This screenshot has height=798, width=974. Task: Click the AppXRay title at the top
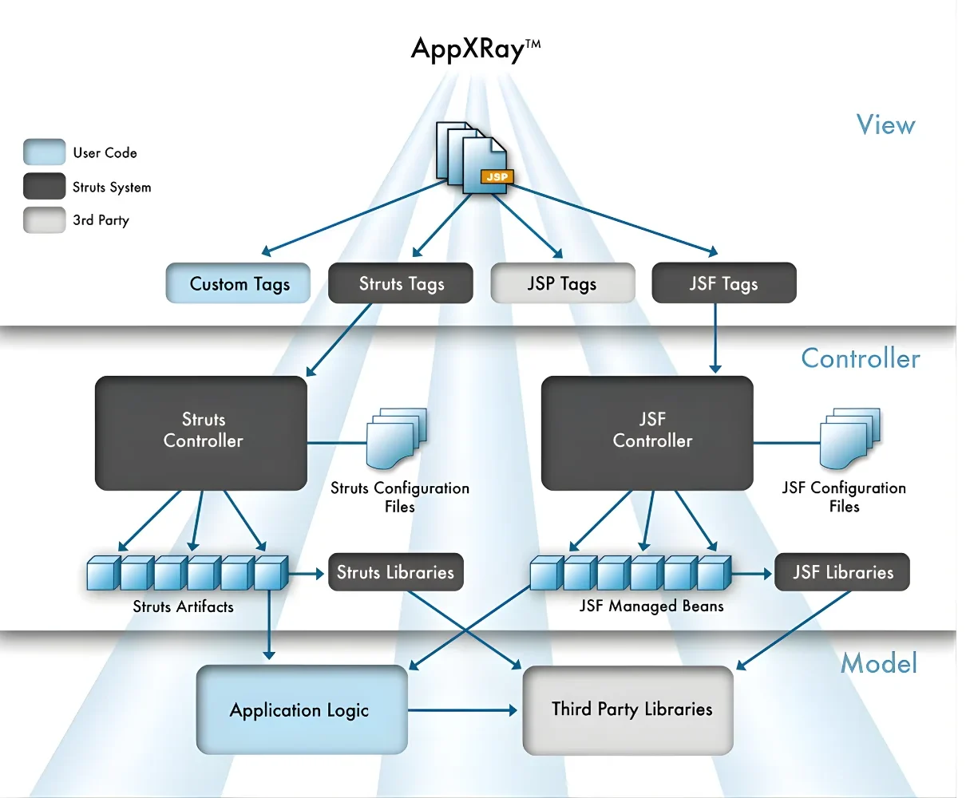point(476,49)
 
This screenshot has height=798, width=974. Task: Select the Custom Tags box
point(238,283)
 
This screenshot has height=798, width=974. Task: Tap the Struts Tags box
point(401,283)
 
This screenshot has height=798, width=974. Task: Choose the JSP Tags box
point(562,283)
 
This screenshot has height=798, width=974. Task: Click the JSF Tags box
point(723,283)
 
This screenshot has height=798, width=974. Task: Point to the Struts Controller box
point(201,432)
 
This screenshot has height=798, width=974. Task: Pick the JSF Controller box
point(647,432)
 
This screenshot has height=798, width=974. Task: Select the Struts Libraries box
point(395,572)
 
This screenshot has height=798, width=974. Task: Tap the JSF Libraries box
point(842,572)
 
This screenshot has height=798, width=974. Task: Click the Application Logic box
point(301,709)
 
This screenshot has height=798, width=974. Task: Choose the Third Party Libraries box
point(628,709)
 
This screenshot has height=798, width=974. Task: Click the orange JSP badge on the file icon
point(497,176)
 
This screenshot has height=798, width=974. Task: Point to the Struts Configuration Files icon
point(396,438)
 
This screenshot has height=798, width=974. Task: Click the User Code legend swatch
point(44,152)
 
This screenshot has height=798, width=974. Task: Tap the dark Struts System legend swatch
point(44,187)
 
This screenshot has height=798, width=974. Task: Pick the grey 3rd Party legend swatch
point(44,220)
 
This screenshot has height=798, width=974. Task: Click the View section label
point(885,124)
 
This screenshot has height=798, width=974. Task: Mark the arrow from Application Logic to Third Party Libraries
point(463,709)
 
